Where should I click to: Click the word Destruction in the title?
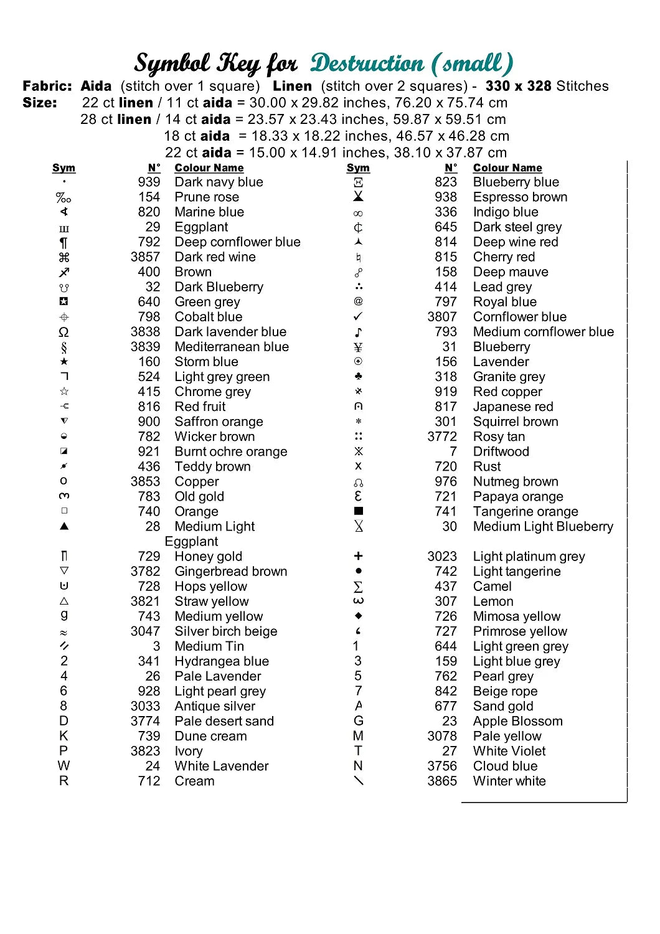(367, 64)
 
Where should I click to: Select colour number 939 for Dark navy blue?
(149, 182)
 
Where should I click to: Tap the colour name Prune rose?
(207, 197)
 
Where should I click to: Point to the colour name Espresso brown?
(520, 197)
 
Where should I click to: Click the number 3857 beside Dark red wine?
(145, 257)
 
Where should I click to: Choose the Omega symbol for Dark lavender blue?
(64, 332)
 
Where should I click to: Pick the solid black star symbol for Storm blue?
(64, 362)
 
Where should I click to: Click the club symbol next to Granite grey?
(358, 377)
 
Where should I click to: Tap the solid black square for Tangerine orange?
(358, 511)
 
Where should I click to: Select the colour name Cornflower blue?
(519, 317)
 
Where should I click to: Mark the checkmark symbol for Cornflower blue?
(358, 317)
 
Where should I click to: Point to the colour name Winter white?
(509, 781)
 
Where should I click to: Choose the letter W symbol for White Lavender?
(64, 766)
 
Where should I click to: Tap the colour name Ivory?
(189, 752)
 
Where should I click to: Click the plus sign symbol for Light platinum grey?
(358, 556)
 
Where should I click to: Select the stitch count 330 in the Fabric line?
(497, 87)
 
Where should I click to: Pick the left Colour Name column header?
(209, 168)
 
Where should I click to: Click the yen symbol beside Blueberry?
(358, 347)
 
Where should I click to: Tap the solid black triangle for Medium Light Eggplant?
(64, 526)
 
